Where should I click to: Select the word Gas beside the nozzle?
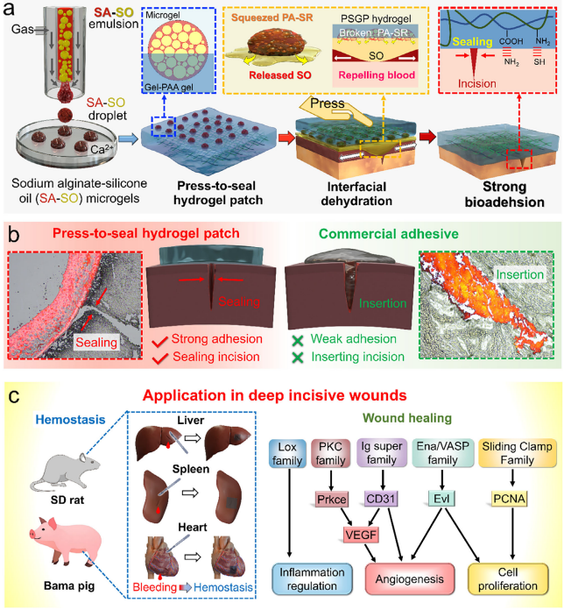coord(25,30)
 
